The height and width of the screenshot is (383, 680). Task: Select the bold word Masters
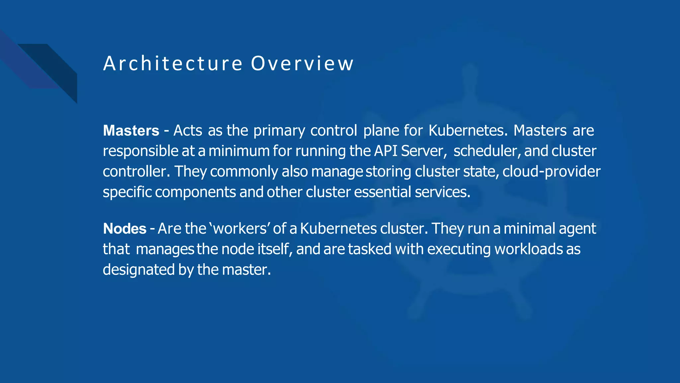click(x=131, y=131)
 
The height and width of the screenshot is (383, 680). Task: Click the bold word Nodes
click(x=125, y=229)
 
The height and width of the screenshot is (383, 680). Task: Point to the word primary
click(x=279, y=131)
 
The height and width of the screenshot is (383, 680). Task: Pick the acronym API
click(x=386, y=151)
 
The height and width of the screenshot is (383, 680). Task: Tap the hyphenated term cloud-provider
click(x=551, y=172)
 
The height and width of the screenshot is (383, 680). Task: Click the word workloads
click(x=528, y=249)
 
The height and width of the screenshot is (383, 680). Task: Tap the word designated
click(x=138, y=270)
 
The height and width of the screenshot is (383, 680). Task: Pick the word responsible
click(x=141, y=151)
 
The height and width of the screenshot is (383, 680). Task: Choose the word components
click(x=195, y=192)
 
